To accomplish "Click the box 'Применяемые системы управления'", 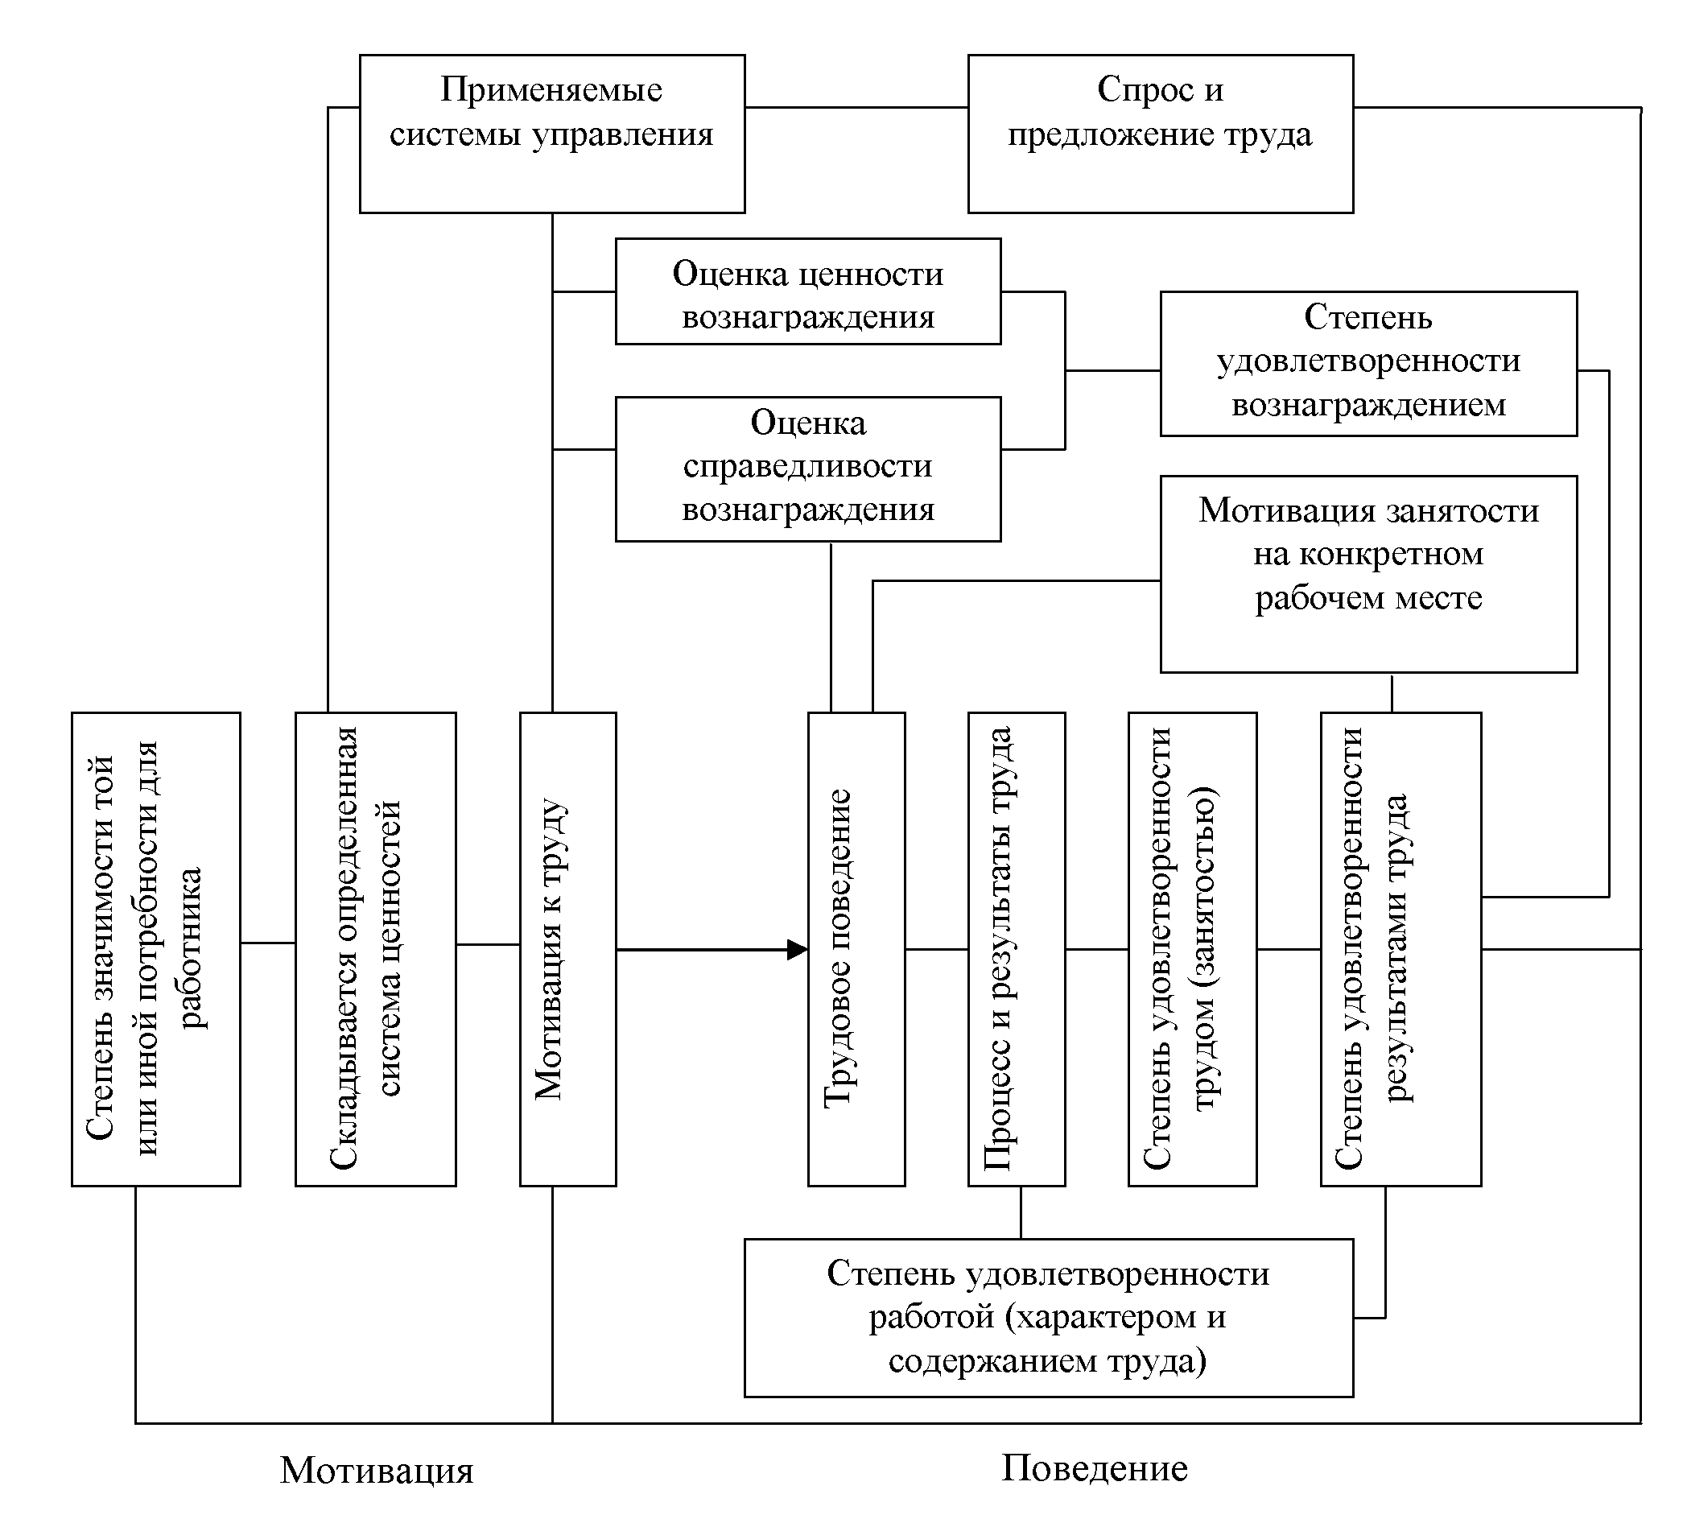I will coord(552,134).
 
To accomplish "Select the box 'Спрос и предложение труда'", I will coord(1161,134).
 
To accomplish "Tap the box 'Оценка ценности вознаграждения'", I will coord(808,291).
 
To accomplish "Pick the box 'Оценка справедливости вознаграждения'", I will coord(808,468).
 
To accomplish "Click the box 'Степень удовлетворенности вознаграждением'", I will coord(1368,363).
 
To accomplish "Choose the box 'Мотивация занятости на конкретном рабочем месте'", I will coord(1368,574).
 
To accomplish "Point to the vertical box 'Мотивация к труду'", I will coord(567,948).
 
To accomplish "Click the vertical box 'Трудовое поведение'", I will coord(856,948).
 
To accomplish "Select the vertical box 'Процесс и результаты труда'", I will coord(1017,948).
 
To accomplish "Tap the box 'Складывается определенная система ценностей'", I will coord(376,948).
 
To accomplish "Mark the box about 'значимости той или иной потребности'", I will coord(156,948).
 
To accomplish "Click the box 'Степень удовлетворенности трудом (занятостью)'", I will coord(1192,948).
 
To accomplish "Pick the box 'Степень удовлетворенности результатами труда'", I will coord(1400,948).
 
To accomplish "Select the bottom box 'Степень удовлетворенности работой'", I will coord(1049,1318).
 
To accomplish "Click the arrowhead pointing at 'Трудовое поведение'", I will coord(798,949).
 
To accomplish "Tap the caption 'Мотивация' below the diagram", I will coord(377,1471).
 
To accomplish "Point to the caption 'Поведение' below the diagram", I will coord(1095,1468).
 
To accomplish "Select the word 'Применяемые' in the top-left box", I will coord(551,89).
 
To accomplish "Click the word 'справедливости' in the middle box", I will coord(807,466).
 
